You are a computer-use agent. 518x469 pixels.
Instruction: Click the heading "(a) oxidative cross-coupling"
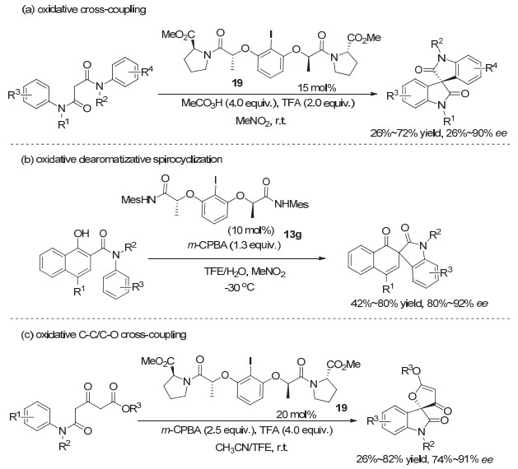point(83,10)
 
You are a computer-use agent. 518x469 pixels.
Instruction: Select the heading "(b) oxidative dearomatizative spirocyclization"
point(122,160)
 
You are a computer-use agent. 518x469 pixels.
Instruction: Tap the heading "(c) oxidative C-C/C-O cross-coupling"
point(104,335)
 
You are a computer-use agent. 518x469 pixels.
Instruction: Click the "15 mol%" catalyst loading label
point(317,88)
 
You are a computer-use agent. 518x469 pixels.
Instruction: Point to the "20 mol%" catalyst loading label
point(296,414)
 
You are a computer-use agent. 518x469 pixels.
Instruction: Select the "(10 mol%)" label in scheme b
point(251,230)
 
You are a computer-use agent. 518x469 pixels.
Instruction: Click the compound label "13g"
point(292,235)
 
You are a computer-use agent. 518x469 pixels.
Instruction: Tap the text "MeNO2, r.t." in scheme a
point(261,121)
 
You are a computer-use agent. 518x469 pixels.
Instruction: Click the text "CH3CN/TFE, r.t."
point(251,448)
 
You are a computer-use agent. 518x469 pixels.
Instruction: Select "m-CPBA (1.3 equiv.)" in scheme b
point(234,245)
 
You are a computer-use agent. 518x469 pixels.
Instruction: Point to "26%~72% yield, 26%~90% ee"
point(439,133)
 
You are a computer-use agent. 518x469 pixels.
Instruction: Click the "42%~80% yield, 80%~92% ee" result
point(419,303)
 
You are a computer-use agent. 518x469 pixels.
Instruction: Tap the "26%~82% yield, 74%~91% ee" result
point(424,459)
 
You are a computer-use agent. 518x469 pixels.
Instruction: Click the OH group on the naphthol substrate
point(82,234)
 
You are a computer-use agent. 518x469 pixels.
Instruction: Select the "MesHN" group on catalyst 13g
point(138,200)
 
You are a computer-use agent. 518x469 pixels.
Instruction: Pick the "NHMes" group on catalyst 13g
point(292,205)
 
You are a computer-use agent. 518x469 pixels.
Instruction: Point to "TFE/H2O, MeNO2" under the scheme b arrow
point(245,272)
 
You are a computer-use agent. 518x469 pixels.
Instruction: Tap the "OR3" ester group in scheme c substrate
point(131,408)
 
